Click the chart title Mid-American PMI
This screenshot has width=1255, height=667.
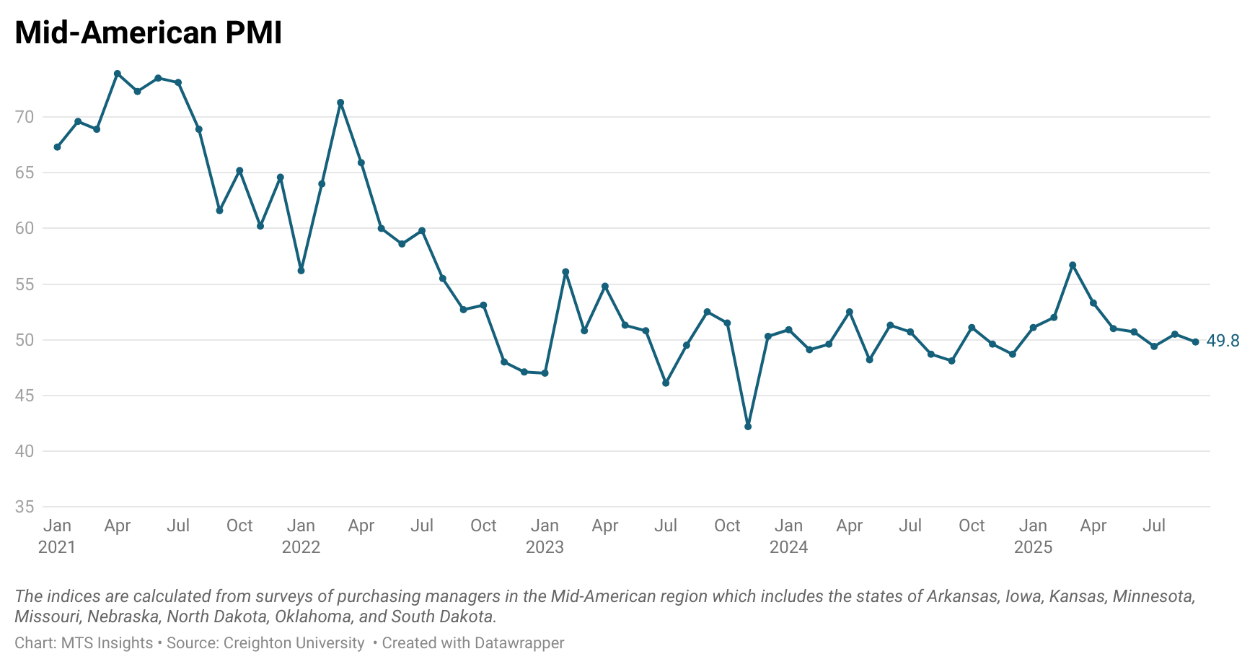point(148,33)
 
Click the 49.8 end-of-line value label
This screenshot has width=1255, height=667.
point(1223,341)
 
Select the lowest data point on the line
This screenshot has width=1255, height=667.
point(748,427)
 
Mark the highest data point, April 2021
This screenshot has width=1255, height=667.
point(118,74)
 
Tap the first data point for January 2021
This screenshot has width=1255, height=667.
point(57,147)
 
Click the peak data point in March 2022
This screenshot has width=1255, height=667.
point(340,103)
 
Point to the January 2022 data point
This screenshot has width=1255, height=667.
point(301,271)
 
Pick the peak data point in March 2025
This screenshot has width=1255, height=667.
point(1073,265)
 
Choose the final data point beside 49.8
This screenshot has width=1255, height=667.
point(1195,342)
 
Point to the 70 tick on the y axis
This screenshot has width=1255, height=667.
point(25,117)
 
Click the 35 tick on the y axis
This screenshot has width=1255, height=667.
point(25,507)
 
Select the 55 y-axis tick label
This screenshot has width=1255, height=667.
point(25,284)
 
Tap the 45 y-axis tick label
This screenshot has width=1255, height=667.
point(25,396)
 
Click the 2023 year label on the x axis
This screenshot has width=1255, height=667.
point(545,547)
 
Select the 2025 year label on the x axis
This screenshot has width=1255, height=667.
point(1033,547)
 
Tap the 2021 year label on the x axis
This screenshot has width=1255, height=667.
point(57,547)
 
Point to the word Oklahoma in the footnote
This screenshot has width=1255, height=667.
point(312,617)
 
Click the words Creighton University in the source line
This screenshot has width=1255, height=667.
point(294,643)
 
